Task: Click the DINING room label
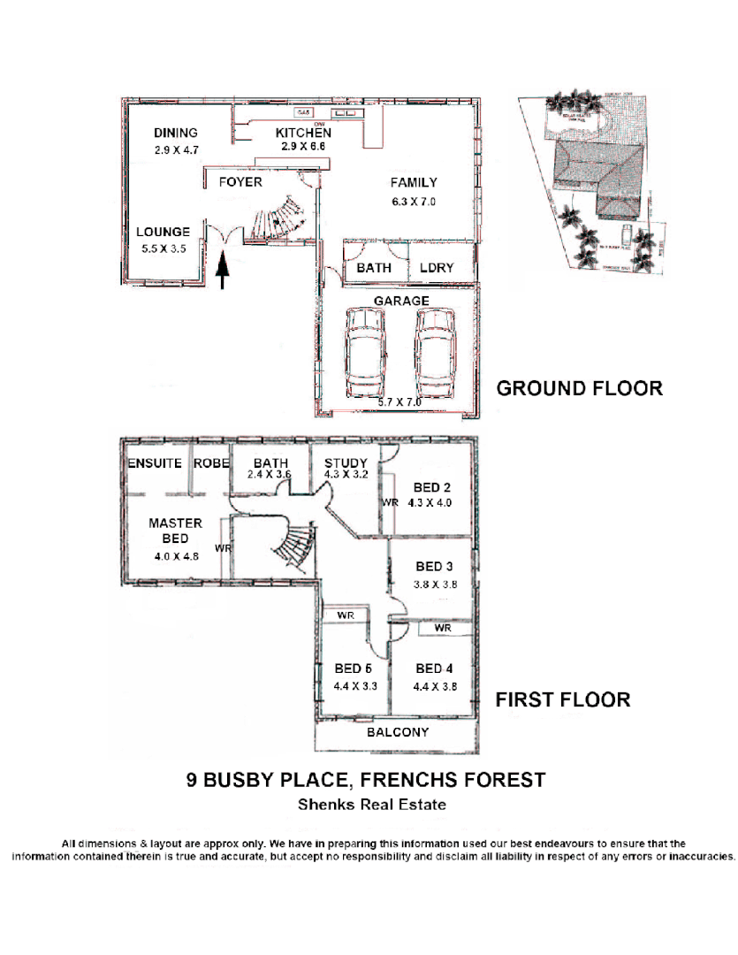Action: (175, 134)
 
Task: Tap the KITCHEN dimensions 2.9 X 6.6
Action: (303, 147)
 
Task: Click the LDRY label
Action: (437, 267)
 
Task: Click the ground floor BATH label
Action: (374, 267)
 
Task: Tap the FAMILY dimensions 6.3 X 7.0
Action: (414, 202)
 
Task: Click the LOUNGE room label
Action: (163, 233)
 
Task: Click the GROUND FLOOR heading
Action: (579, 388)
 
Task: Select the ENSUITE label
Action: (155, 463)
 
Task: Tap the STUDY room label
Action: (346, 463)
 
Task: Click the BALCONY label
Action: (398, 732)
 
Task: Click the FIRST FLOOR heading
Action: (562, 700)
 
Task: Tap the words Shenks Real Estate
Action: (371, 805)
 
